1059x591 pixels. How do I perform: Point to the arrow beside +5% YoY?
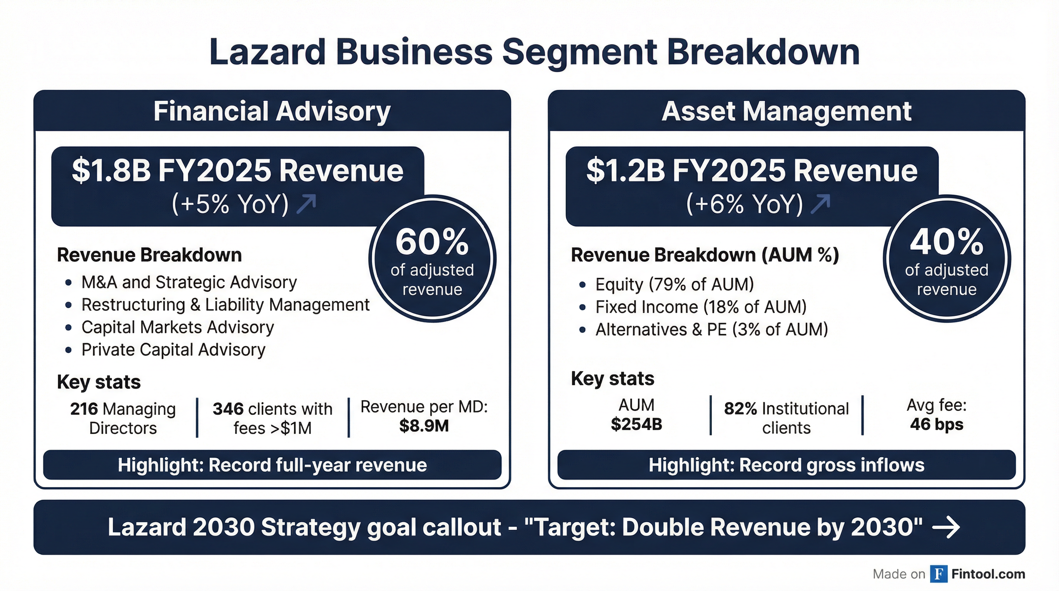click(307, 204)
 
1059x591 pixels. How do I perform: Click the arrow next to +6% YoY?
click(820, 204)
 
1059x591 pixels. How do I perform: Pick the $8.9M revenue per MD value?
click(424, 426)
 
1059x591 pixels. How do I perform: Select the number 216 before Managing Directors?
click(84, 409)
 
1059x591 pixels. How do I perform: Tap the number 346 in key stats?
click(228, 409)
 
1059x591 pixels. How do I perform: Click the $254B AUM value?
click(636, 424)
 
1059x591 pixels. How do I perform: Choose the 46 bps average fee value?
click(937, 424)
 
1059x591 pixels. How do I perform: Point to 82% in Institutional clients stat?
click(740, 409)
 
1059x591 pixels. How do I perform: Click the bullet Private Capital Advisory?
click(173, 350)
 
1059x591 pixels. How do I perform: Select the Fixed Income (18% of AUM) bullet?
click(701, 307)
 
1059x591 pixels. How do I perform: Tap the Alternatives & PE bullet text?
click(712, 330)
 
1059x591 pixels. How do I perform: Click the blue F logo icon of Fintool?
click(939, 574)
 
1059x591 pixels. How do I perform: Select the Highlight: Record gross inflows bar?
click(786, 465)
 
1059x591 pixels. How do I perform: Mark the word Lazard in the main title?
click(267, 52)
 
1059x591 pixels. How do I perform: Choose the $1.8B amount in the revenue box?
click(112, 171)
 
